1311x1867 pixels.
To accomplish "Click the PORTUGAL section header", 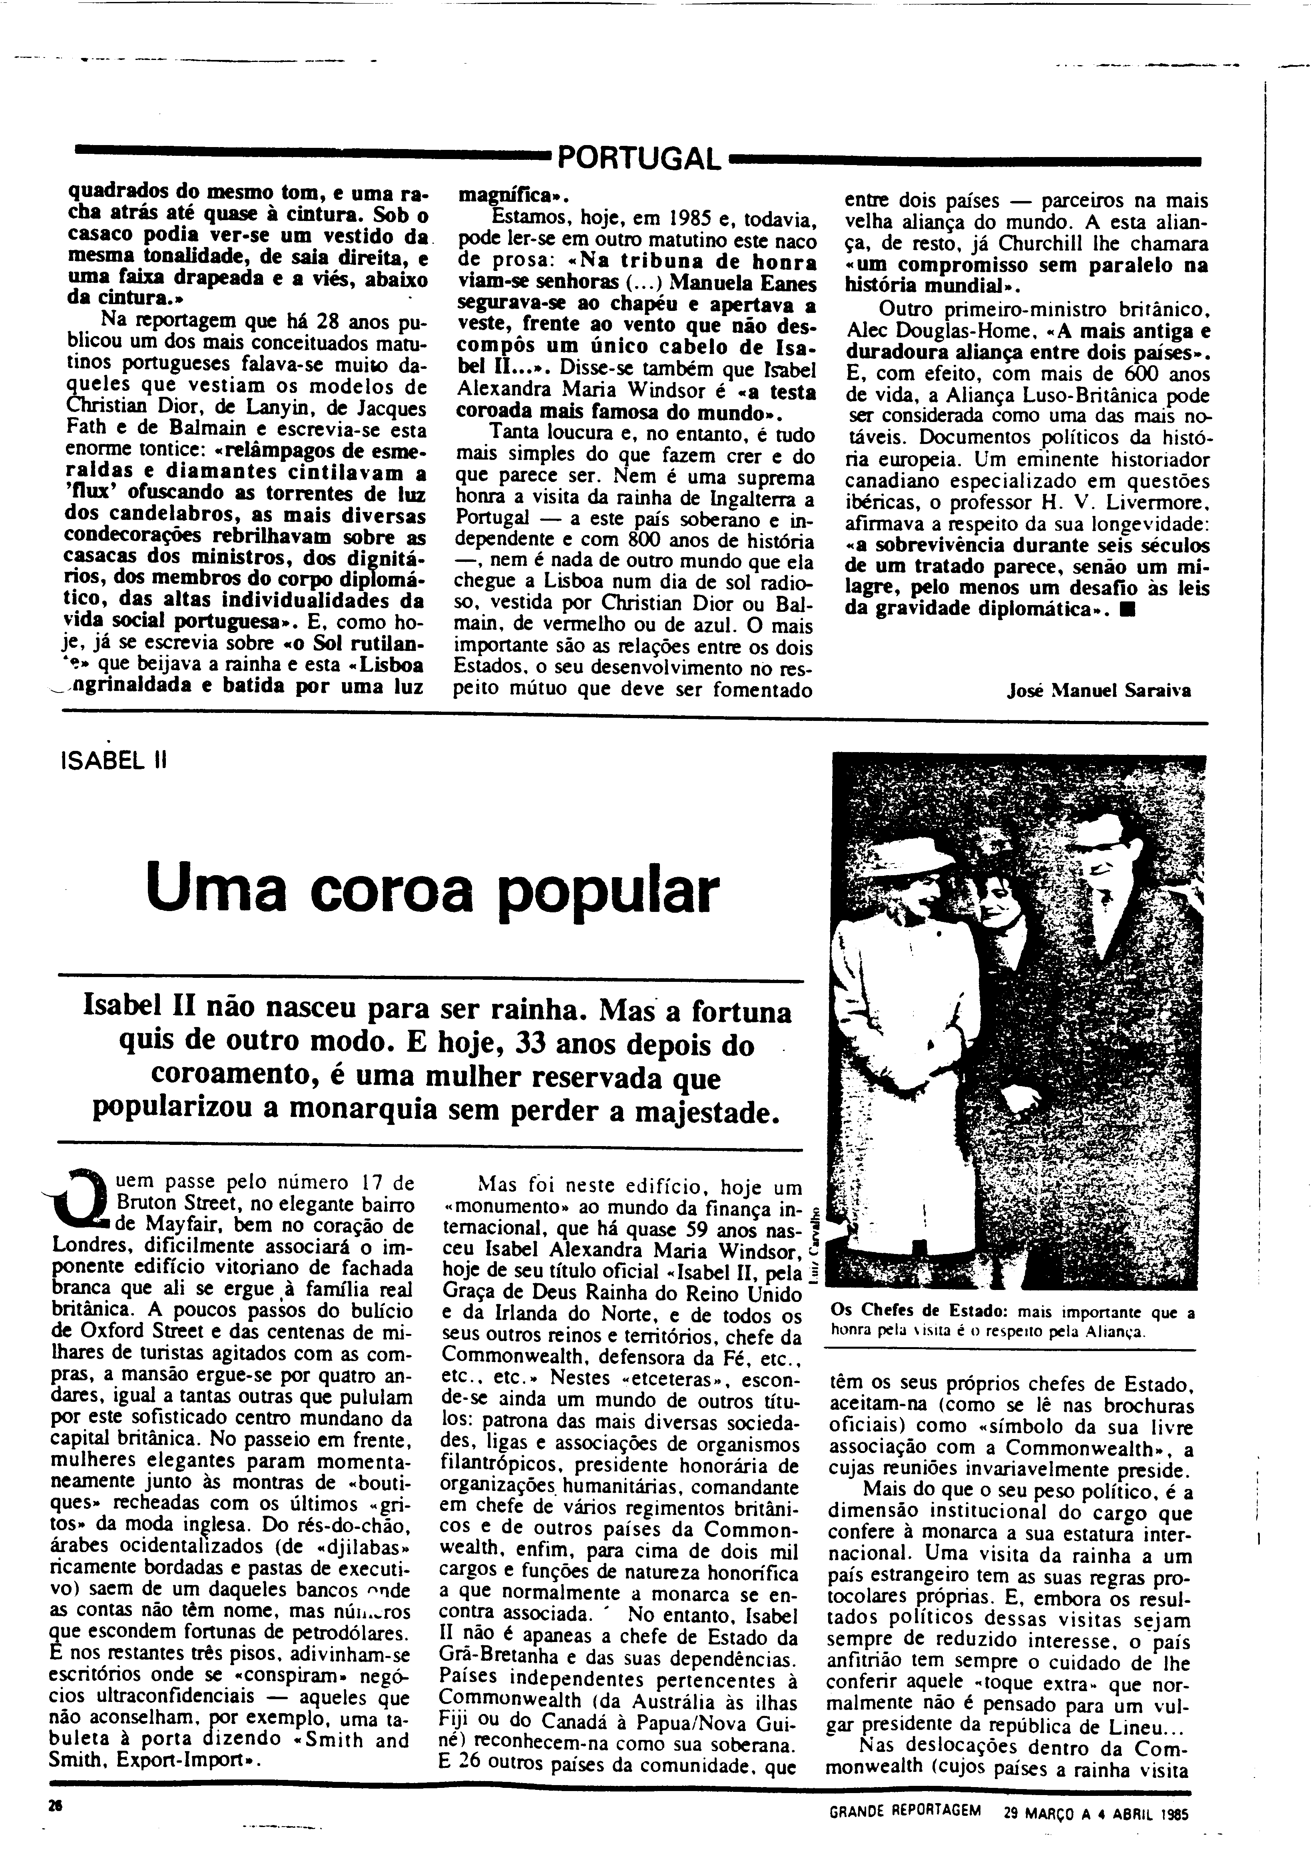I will click(638, 157).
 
